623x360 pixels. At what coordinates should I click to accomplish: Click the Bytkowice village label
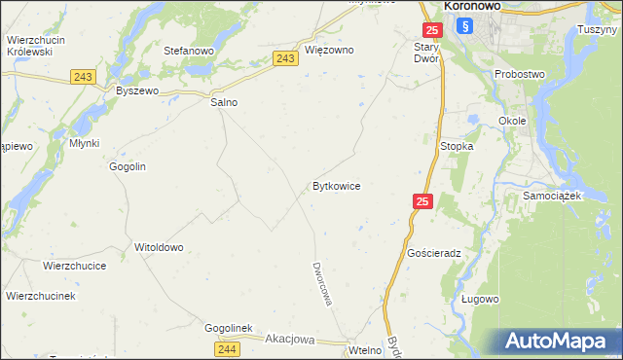[337, 186]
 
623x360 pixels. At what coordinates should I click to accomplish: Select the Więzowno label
[329, 50]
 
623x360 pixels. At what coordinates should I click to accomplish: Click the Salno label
[224, 101]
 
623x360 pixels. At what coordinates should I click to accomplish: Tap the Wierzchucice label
[74, 265]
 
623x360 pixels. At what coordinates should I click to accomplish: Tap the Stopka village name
[457, 146]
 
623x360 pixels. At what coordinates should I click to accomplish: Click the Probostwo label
[521, 74]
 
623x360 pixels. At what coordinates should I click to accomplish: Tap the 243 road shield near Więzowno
[284, 59]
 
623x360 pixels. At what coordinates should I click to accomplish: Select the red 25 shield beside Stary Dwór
[431, 32]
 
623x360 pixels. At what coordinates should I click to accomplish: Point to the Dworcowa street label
[322, 282]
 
